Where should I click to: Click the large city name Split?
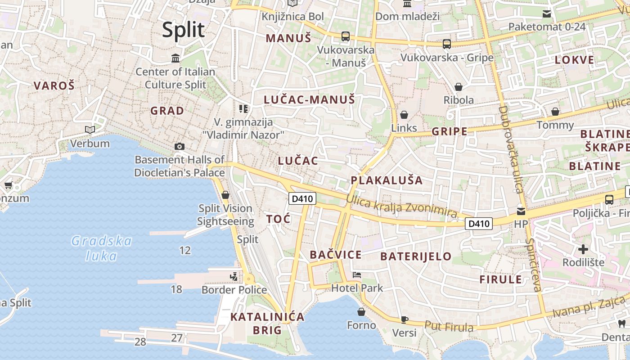(x=183, y=30)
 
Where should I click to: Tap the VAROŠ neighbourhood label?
(x=54, y=85)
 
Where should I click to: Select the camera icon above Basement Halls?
(x=179, y=146)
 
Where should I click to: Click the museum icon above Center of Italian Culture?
(x=175, y=58)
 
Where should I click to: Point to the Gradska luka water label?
(x=102, y=248)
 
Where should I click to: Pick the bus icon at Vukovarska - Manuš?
(x=345, y=36)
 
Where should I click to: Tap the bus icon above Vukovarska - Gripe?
(x=446, y=44)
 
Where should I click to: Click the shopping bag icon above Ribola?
(x=459, y=86)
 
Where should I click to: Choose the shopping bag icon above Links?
(x=404, y=115)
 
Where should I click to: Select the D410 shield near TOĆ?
(x=302, y=198)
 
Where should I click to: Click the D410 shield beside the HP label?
(x=479, y=223)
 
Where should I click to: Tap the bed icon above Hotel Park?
(x=357, y=274)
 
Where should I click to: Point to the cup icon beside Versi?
(x=404, y=319)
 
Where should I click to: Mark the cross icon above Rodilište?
(x=583, y=249)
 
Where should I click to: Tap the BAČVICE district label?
(x=336, y=255)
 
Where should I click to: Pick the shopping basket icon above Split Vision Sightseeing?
(x=225, y=195)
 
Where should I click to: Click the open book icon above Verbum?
(x=90, y=130)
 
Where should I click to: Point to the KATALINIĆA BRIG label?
(x=267, y=324)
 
